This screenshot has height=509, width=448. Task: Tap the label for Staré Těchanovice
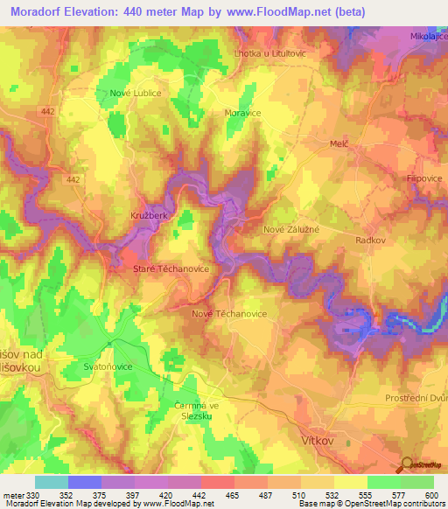(171, 269)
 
